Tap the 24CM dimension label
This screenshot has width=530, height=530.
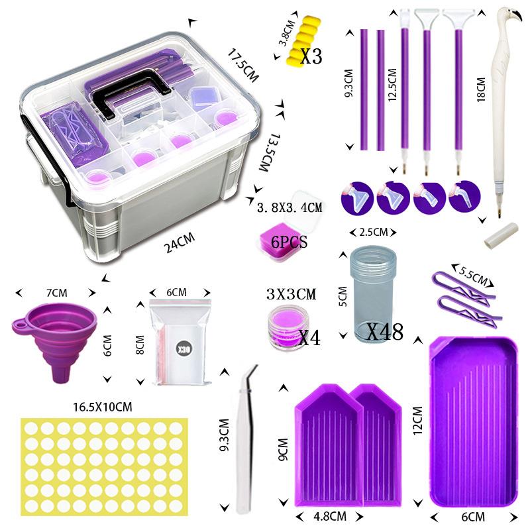180,242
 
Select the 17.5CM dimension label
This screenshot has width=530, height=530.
242,66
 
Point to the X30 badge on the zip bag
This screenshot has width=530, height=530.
184,350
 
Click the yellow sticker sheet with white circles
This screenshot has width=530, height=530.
104,467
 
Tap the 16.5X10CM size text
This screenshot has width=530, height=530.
103,407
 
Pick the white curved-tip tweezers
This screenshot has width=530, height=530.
246,439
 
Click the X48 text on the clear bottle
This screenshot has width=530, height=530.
385,332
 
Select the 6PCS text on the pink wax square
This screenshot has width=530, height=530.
290,242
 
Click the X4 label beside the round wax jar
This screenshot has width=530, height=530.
309,337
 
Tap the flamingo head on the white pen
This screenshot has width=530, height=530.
509,18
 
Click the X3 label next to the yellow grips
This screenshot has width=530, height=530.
311,56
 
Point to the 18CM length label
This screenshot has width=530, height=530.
481,89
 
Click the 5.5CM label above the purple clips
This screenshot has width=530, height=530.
473,276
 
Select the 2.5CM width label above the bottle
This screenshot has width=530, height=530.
373,233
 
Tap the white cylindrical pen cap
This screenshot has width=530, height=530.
501,236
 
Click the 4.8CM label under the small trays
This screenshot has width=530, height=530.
330,516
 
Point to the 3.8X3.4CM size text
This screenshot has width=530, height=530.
290,207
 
